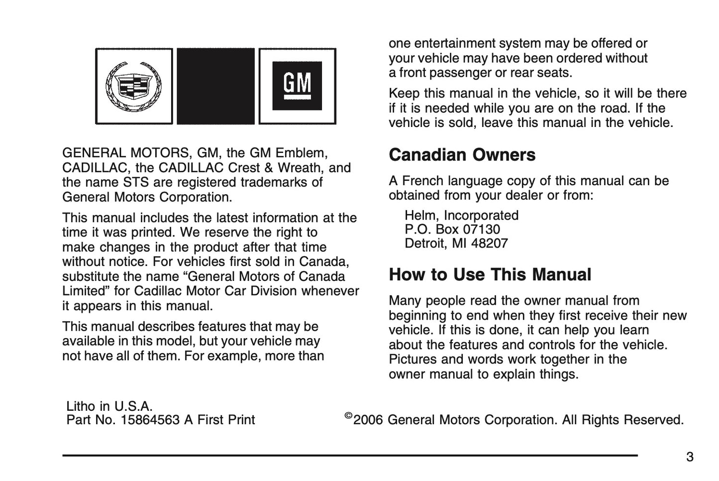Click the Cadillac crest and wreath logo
[134, 86]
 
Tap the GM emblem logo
[297, 86]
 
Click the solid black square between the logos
[215, 86]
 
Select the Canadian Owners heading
[462, 155]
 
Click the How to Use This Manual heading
[490, 274]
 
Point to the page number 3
[689, 457]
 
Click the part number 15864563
[150, 420]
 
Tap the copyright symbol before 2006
[348, 416]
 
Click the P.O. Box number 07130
[482, 230]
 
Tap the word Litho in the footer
[81, 406]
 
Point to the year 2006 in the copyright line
[368, 420]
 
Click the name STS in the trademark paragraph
[136, 182]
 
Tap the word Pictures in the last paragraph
[412, 360]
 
